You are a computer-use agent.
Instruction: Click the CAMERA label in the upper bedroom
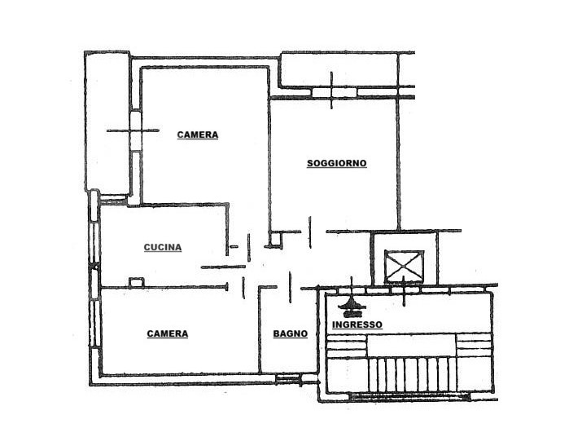[x=198, y=135]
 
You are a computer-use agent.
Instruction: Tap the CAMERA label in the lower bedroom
[x=168, y=333]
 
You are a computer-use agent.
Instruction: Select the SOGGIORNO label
[x=337, y=163]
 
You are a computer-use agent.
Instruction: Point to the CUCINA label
[x=163, y=247]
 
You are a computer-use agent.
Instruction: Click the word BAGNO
[x=291, y=334]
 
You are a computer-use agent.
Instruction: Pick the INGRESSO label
[x=357, y=324]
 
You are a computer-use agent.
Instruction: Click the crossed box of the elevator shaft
[x=404, y=267]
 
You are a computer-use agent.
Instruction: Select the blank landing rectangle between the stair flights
[x=411, y=346]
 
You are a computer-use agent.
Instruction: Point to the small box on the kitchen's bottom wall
[x=137, y=282]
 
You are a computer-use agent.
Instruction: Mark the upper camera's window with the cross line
[x=136, y=130]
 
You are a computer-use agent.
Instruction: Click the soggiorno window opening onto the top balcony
[x=334, y=92]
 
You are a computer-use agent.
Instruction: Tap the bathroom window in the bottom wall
[x=288, y=379]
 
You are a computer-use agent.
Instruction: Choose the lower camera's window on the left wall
[x=95, y=323]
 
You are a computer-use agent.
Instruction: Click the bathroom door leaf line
[x=290, y=287]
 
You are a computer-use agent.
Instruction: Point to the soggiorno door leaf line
[x=310, y=232]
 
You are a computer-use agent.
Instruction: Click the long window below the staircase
[x=409, y=396]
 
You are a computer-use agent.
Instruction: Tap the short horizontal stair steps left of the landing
[x=346, y=347]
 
